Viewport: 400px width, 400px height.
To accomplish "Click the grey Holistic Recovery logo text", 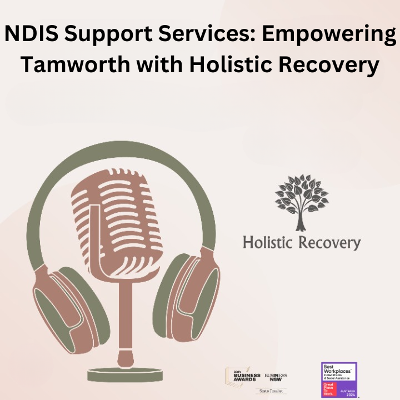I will point(302,243).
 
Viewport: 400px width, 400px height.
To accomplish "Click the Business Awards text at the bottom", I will point(243,376).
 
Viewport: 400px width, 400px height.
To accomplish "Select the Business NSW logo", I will point(276,376).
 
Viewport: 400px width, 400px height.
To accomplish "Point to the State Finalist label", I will point(270,391).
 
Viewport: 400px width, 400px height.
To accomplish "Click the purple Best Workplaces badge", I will point(339,379).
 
